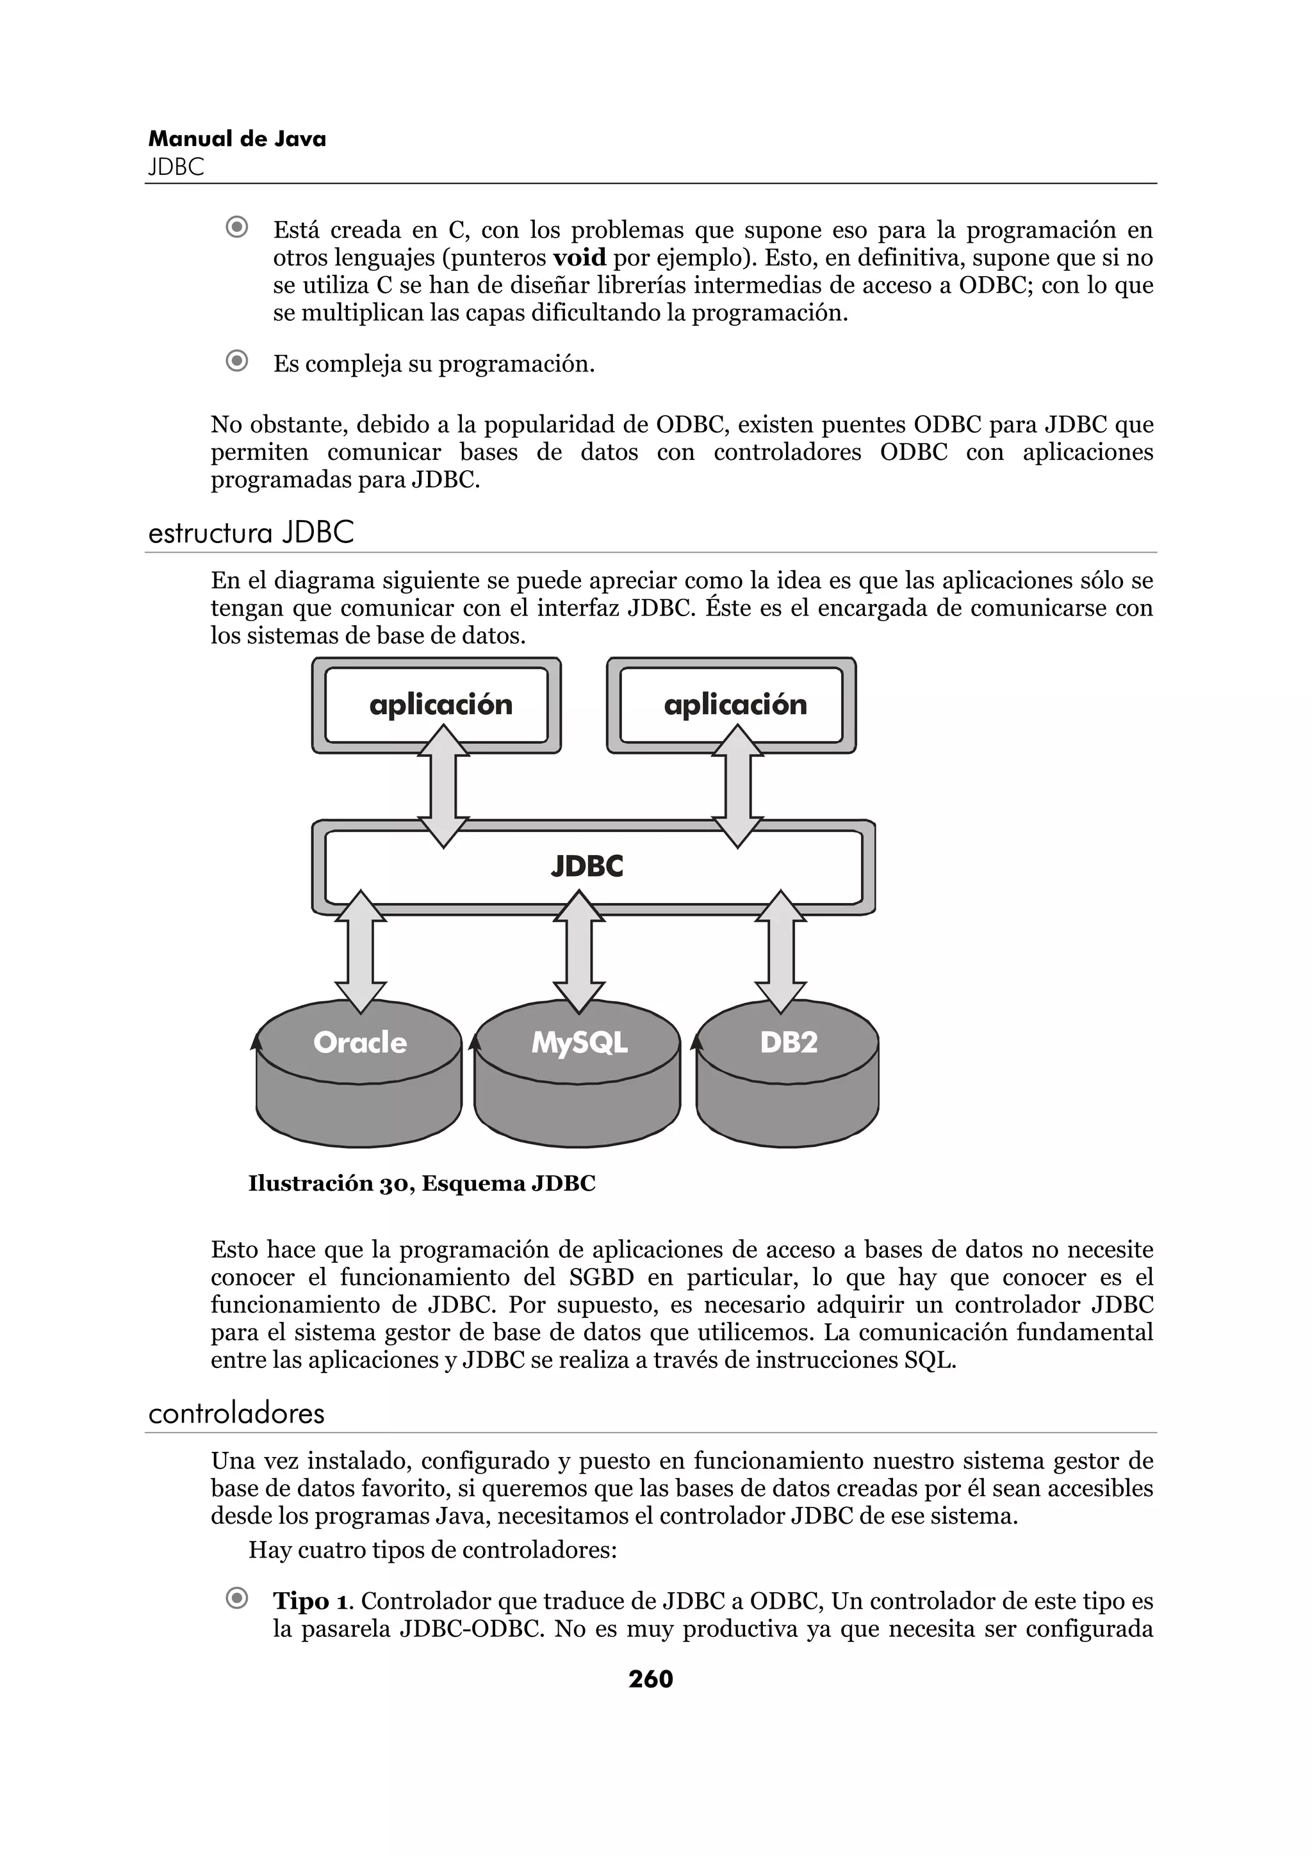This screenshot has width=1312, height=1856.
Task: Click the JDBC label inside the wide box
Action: point(587,867)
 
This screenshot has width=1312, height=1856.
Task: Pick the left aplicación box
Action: point(436,705)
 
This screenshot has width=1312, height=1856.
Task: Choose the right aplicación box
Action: point(732,705)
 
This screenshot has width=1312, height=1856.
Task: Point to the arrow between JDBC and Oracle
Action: point(361,952)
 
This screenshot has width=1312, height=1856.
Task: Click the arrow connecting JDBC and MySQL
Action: point(578,952)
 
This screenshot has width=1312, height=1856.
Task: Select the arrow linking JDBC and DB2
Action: point(780,952)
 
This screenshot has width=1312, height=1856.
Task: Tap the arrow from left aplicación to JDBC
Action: point(443,786)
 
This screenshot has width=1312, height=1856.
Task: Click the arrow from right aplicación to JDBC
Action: point(737,786)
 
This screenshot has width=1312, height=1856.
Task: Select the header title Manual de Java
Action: point(237,139)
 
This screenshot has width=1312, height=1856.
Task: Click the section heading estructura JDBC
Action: point(251,533)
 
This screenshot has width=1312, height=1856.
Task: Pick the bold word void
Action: point(578,258)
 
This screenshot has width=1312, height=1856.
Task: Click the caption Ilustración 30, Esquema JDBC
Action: point(421,1184)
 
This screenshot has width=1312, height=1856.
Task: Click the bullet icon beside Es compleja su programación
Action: point(237,361)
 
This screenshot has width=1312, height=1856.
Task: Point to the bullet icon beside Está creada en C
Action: point(237,227)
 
